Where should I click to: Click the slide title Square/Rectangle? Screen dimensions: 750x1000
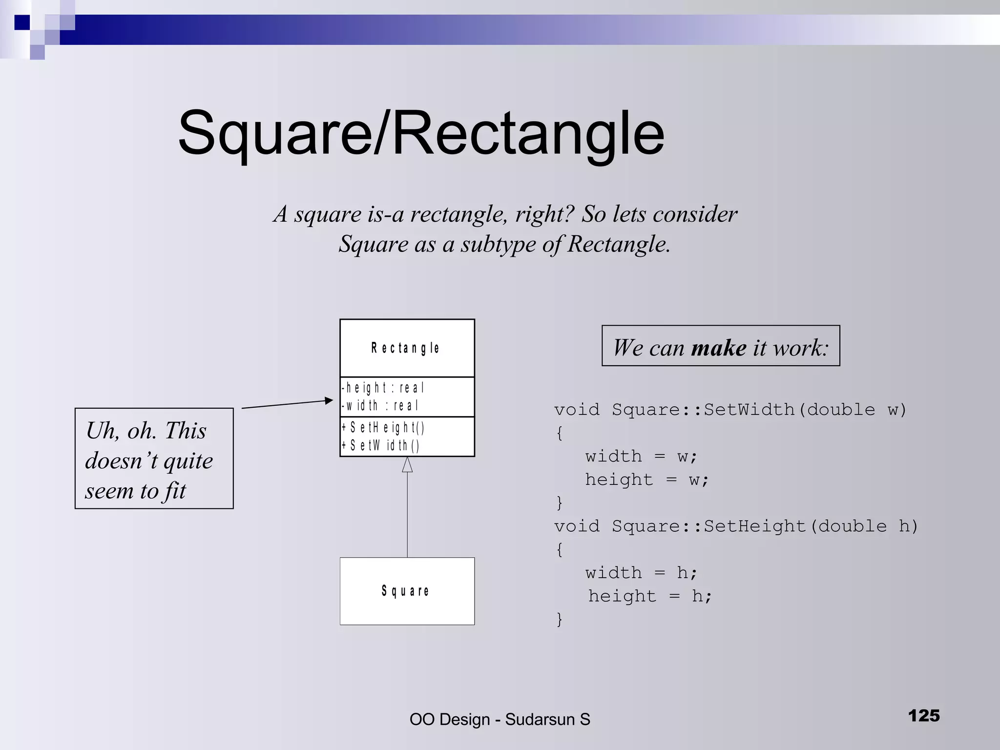click(421, 133)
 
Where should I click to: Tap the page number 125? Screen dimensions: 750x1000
click(923, 716)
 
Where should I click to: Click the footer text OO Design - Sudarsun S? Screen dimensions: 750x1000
click(500, 719)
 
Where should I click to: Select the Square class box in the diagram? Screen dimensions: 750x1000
click(407, 591)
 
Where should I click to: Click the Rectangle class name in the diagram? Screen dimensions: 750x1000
click(405, 348)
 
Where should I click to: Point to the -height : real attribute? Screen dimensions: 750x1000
click(383, 388)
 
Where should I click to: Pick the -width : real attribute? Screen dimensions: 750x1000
click(380, 405)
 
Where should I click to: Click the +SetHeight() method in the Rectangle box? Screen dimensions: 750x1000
click(383, 428)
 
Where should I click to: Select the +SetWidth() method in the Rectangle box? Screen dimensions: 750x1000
click(380, 445)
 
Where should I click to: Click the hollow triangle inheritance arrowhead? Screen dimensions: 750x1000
click(407, 465)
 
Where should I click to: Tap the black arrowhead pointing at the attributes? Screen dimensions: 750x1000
click(329, 401)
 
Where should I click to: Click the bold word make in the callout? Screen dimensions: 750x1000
click(719, 348)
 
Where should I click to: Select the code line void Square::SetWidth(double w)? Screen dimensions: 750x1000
click(730, 409)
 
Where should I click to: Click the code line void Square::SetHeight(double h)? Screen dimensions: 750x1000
click(736, 526)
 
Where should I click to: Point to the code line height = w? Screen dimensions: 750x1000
click(647, 479)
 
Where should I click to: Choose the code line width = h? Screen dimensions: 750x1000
click(642, 572)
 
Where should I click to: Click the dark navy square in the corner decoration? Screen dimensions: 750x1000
click(22, 22)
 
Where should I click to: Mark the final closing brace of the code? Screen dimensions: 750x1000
click(560, 619)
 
